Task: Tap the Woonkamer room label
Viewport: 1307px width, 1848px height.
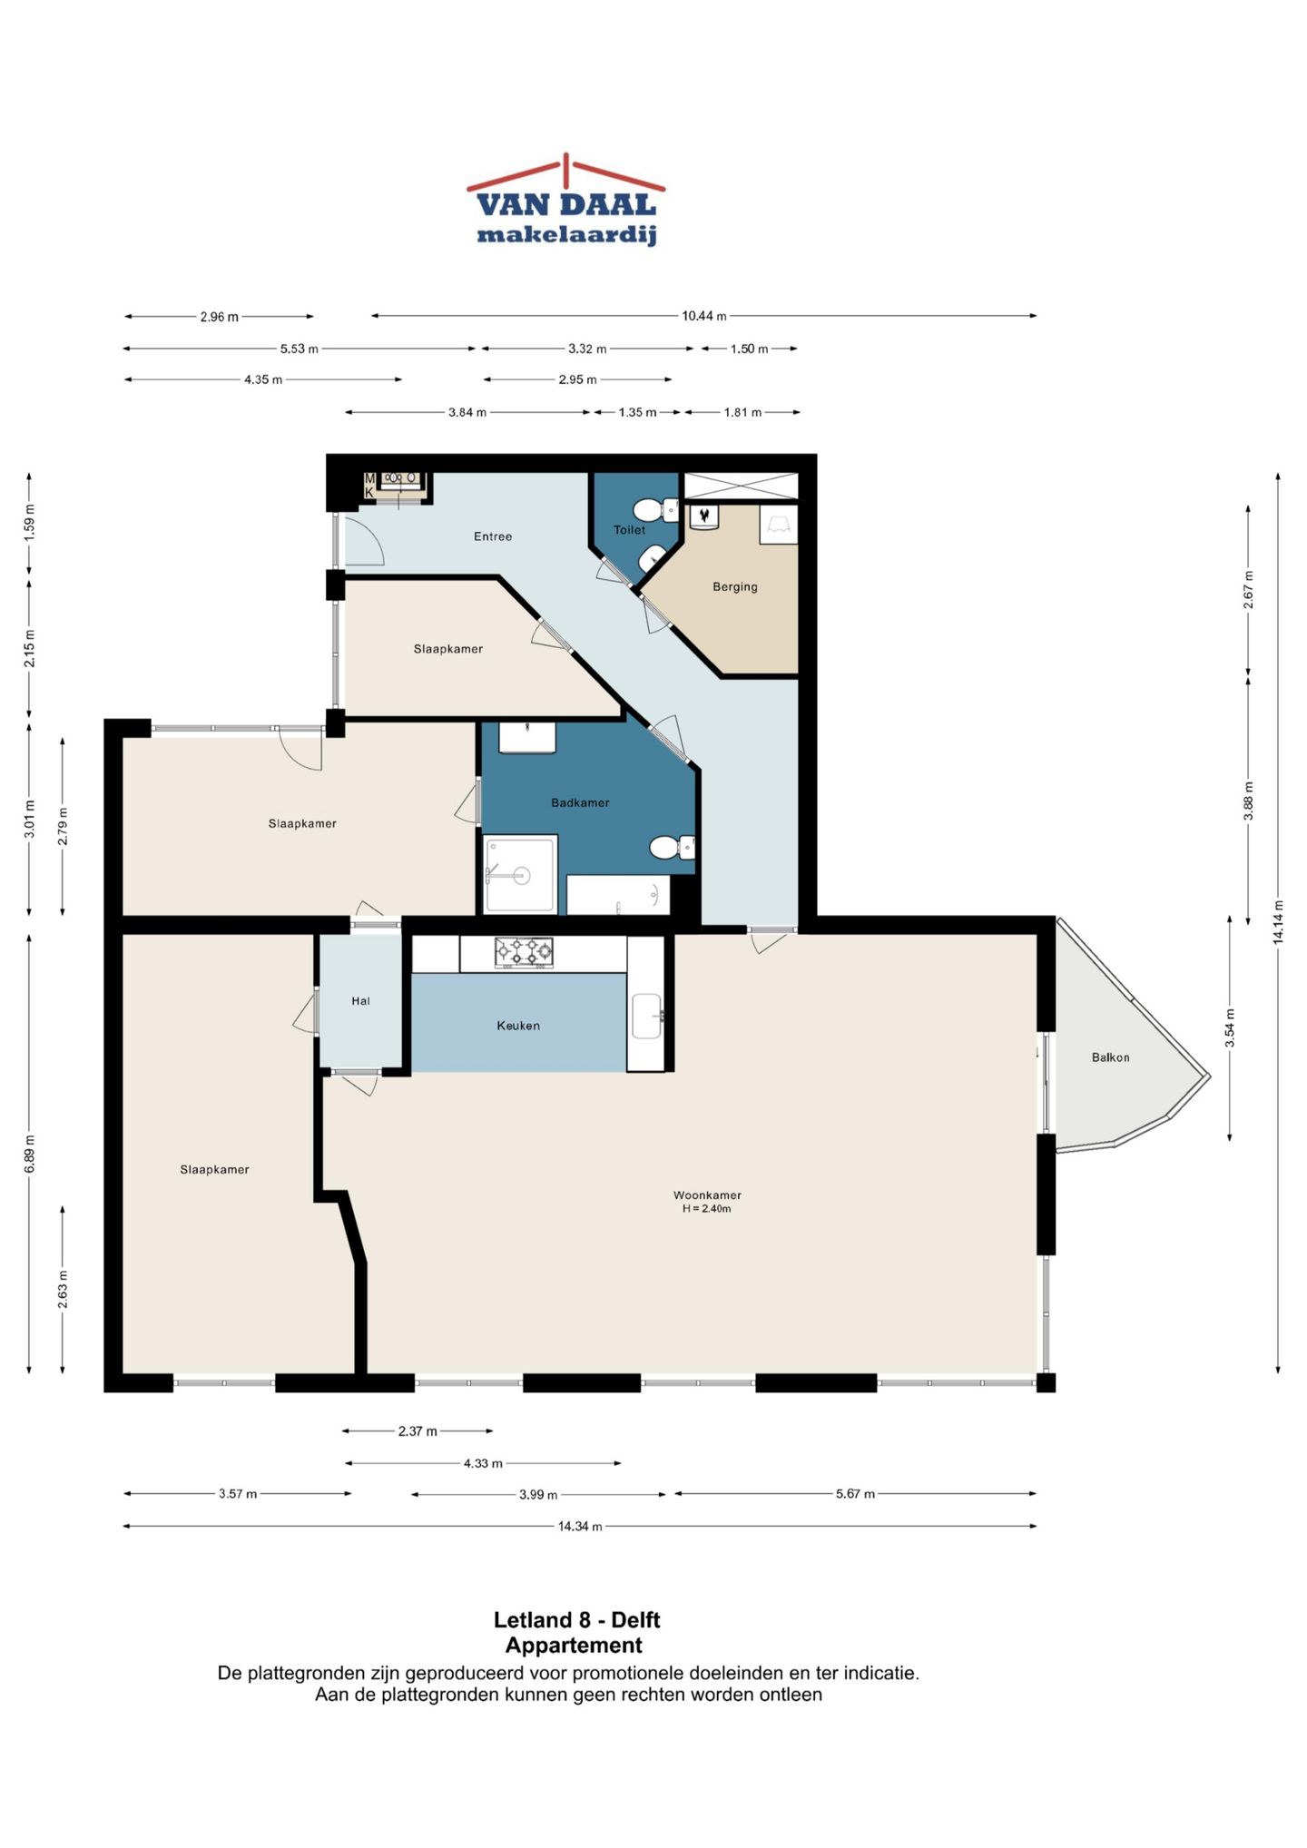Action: click(707, 1195)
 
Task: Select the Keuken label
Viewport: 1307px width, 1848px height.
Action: click(518, 1026)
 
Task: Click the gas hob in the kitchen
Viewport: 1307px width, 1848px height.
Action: click(524, 952)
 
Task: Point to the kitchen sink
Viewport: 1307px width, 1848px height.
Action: click(647, 1016)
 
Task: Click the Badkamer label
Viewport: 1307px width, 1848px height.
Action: click(580, 802)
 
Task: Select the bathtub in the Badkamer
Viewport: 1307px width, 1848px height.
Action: click(618, 895)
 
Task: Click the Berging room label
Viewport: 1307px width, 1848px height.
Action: click(735, 586)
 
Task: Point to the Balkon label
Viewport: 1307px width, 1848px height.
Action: click(1110, 1057)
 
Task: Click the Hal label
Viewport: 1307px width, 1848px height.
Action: click(360, 1001)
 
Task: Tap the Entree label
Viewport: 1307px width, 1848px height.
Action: click(493, 536)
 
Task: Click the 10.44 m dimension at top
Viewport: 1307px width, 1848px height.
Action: click(704, 316)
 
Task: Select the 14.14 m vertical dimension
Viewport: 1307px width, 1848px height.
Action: click(1278, 922)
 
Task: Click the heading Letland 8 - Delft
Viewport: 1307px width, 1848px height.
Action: click(577, 1620)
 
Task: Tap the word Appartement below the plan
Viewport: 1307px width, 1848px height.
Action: click(574, 1646)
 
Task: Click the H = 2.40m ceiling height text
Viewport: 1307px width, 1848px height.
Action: click(707, 1209)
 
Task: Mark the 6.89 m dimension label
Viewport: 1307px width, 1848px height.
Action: click(30, 1154)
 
